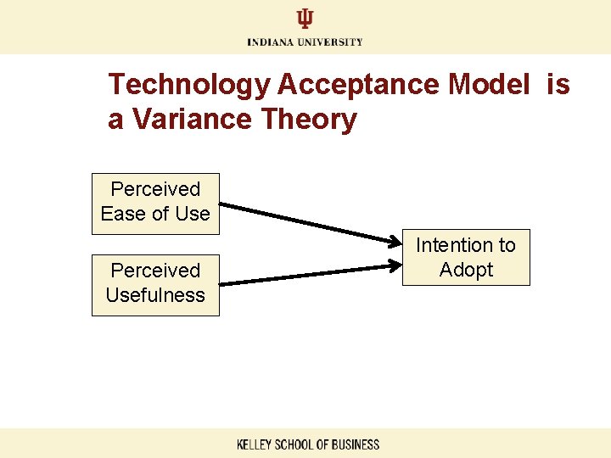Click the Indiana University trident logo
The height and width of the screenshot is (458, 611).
(x=305, y=20)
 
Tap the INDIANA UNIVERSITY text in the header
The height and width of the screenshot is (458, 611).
(x=305, y=42)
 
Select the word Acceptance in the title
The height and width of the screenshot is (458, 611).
(x=356, y=85)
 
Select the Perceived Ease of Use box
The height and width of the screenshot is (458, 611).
(x=155, y=202)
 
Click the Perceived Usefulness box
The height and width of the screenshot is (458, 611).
(x=155, y=284)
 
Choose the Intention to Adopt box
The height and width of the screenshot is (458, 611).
(x=466, y=257)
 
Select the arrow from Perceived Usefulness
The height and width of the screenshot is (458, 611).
(x=314, y=274)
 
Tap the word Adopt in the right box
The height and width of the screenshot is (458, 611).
(x=466, y=271)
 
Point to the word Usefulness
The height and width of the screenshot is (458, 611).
(x=155, y=295)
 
